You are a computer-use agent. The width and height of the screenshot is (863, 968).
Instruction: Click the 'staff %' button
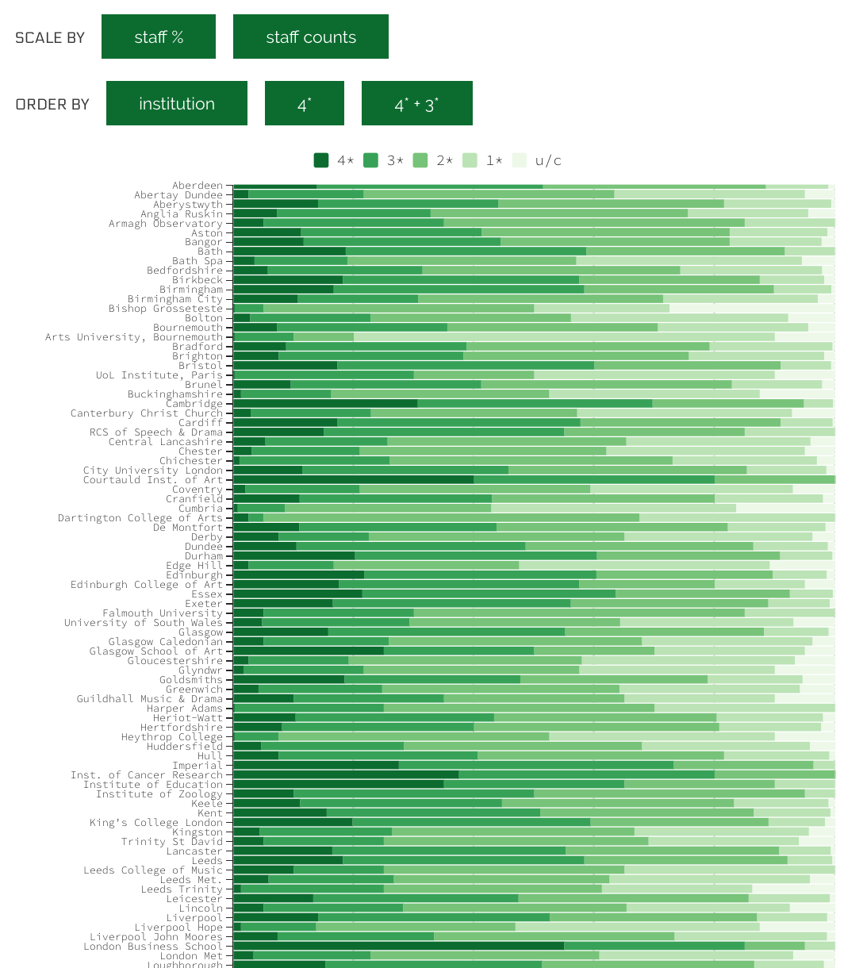tap(159, 36)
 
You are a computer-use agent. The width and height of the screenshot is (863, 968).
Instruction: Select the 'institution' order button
tap(177, 103)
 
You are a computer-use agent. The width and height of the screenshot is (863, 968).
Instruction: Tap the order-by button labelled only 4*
tap(305, 103)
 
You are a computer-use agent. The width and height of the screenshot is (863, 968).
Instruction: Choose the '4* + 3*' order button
tap(417, 103)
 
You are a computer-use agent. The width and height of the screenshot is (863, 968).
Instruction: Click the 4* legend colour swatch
tap(321, 160)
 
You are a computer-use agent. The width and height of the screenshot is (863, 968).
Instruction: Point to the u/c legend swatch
tap(520, 160)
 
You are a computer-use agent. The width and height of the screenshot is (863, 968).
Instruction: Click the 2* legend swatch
tap(420, 160)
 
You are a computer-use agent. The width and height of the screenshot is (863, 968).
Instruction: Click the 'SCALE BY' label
tap(50, 37)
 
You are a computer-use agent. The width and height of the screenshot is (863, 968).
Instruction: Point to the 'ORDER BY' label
tap(52, 104)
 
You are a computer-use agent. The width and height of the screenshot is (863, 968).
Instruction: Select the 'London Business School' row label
tap(153, 947)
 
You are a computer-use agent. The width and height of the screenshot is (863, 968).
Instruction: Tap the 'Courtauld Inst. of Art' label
tap(153, 480)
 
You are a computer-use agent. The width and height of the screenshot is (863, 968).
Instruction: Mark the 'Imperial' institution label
tap(198, 766)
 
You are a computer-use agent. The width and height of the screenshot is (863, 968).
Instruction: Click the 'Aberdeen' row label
tap(198, 186)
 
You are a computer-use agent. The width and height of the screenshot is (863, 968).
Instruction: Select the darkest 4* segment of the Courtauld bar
tap(353, 479)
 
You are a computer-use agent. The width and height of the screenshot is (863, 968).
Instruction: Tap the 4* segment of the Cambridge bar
tap(325, 403)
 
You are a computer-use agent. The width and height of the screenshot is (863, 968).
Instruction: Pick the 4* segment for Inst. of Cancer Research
tap(346, 774)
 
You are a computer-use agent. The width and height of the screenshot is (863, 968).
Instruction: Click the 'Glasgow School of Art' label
tap(156, 651)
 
